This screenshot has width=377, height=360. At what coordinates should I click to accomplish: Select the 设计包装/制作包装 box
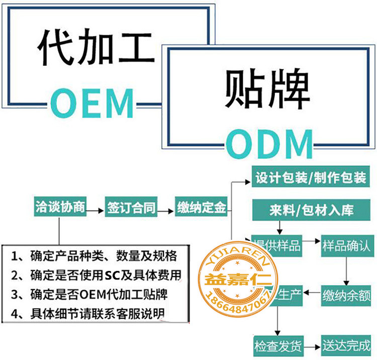[311, 178]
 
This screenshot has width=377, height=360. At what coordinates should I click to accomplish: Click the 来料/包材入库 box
[311, 208]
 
